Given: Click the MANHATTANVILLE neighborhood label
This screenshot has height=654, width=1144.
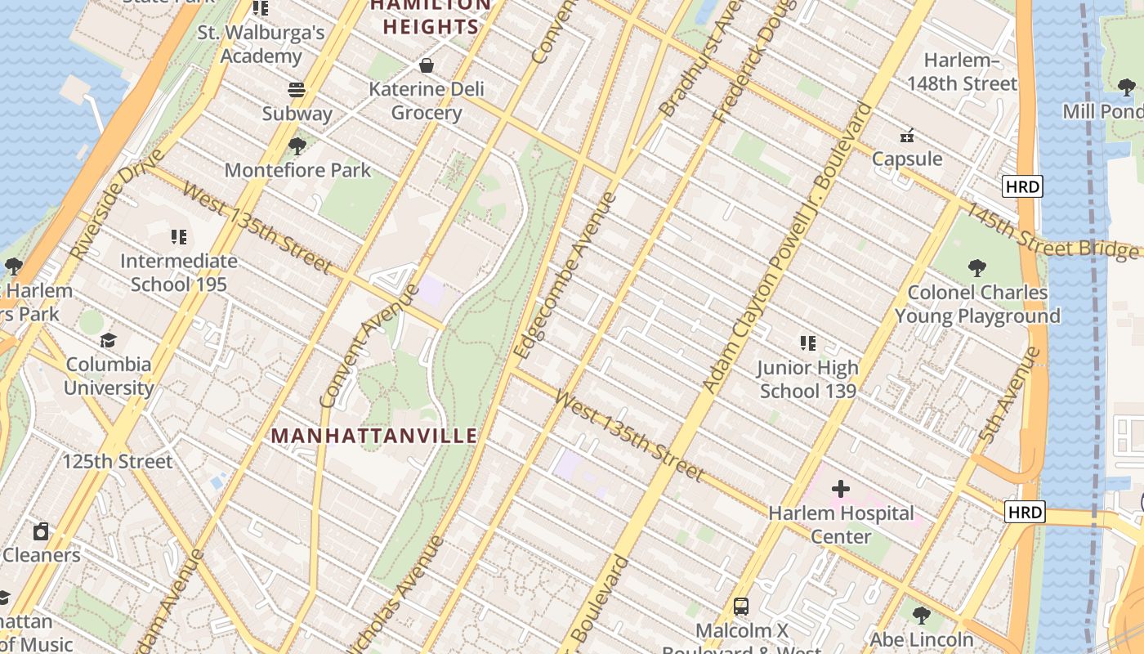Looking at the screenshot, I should coord(374,436).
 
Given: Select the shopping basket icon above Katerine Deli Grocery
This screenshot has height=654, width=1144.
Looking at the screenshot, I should coord(426,65).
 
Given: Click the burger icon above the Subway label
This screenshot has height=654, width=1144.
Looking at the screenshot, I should coord(297,89).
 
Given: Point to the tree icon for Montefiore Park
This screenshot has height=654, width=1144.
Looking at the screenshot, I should coord(297,146).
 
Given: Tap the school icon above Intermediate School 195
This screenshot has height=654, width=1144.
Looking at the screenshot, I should coord(179,237).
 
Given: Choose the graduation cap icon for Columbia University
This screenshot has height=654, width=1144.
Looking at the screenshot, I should coord(108,340).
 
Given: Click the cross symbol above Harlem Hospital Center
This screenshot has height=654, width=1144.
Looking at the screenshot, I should coord(841,489).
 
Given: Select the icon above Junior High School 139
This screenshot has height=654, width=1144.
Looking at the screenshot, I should coord(807,343).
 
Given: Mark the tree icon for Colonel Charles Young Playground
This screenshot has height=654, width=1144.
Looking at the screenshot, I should coord(977,267).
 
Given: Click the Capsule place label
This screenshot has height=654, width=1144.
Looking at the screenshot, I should coord(907,159).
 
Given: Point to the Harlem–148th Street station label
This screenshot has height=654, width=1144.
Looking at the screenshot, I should coord(962,72).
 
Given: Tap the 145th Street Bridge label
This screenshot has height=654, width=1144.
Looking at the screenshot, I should coord(1053,231).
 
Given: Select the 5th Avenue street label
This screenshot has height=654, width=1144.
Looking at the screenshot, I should coord(1010,395).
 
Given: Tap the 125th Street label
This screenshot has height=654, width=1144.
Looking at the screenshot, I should coord(118,461).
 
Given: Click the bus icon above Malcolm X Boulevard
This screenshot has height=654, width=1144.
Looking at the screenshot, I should coord(741,607).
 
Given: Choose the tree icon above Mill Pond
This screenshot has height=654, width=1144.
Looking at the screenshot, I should coord(1126,87).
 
